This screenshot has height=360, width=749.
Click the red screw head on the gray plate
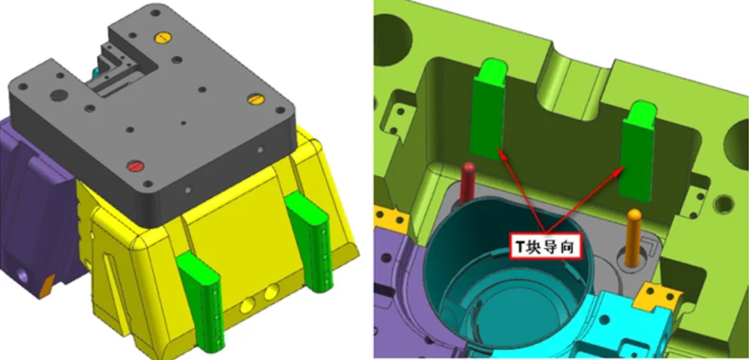[135, 167]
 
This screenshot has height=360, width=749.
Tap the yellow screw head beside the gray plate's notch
[162, 37]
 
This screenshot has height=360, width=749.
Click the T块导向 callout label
[547, 246]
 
